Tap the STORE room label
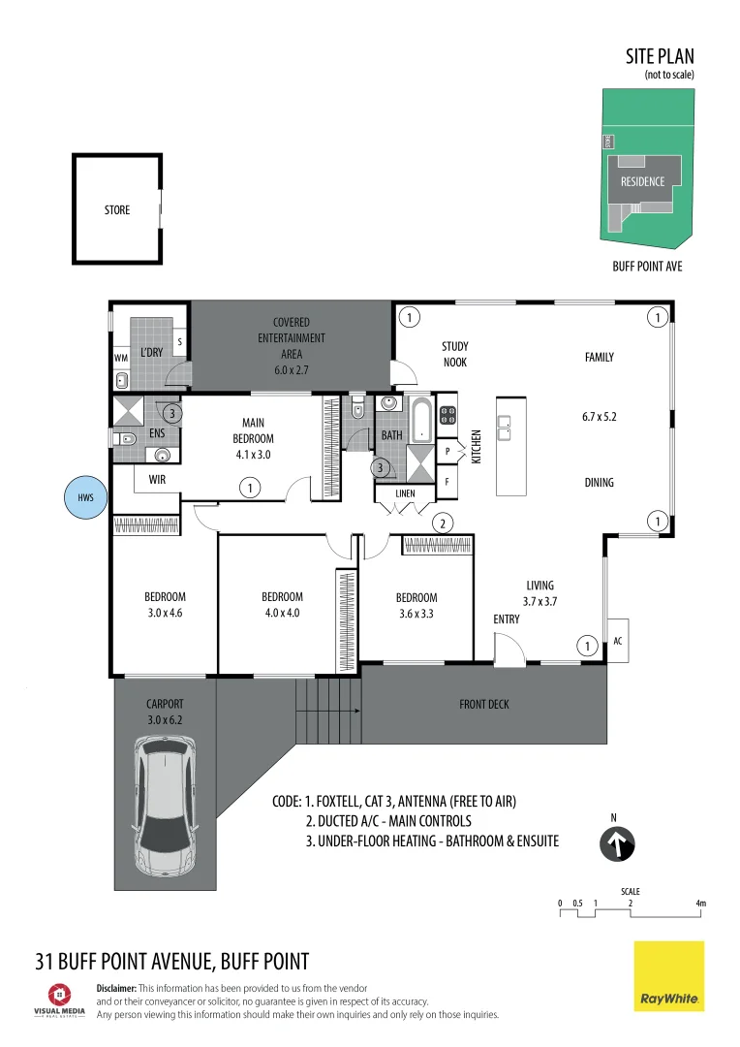(117, 209)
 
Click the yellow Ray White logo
(669, 976)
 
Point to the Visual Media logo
(60, 999)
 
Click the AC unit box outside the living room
(618, 641)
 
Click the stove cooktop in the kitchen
(448, 416)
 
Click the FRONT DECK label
(484, 705)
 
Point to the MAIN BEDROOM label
(253, 430)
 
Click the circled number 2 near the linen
(442, 523)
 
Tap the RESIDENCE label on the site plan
(642, 181)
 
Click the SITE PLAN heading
(660, 57)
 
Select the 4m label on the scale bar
(700, 904)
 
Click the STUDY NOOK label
(454, 354)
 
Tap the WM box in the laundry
(120, 358)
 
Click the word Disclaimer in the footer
(121, 988)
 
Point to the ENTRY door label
(507, 619)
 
